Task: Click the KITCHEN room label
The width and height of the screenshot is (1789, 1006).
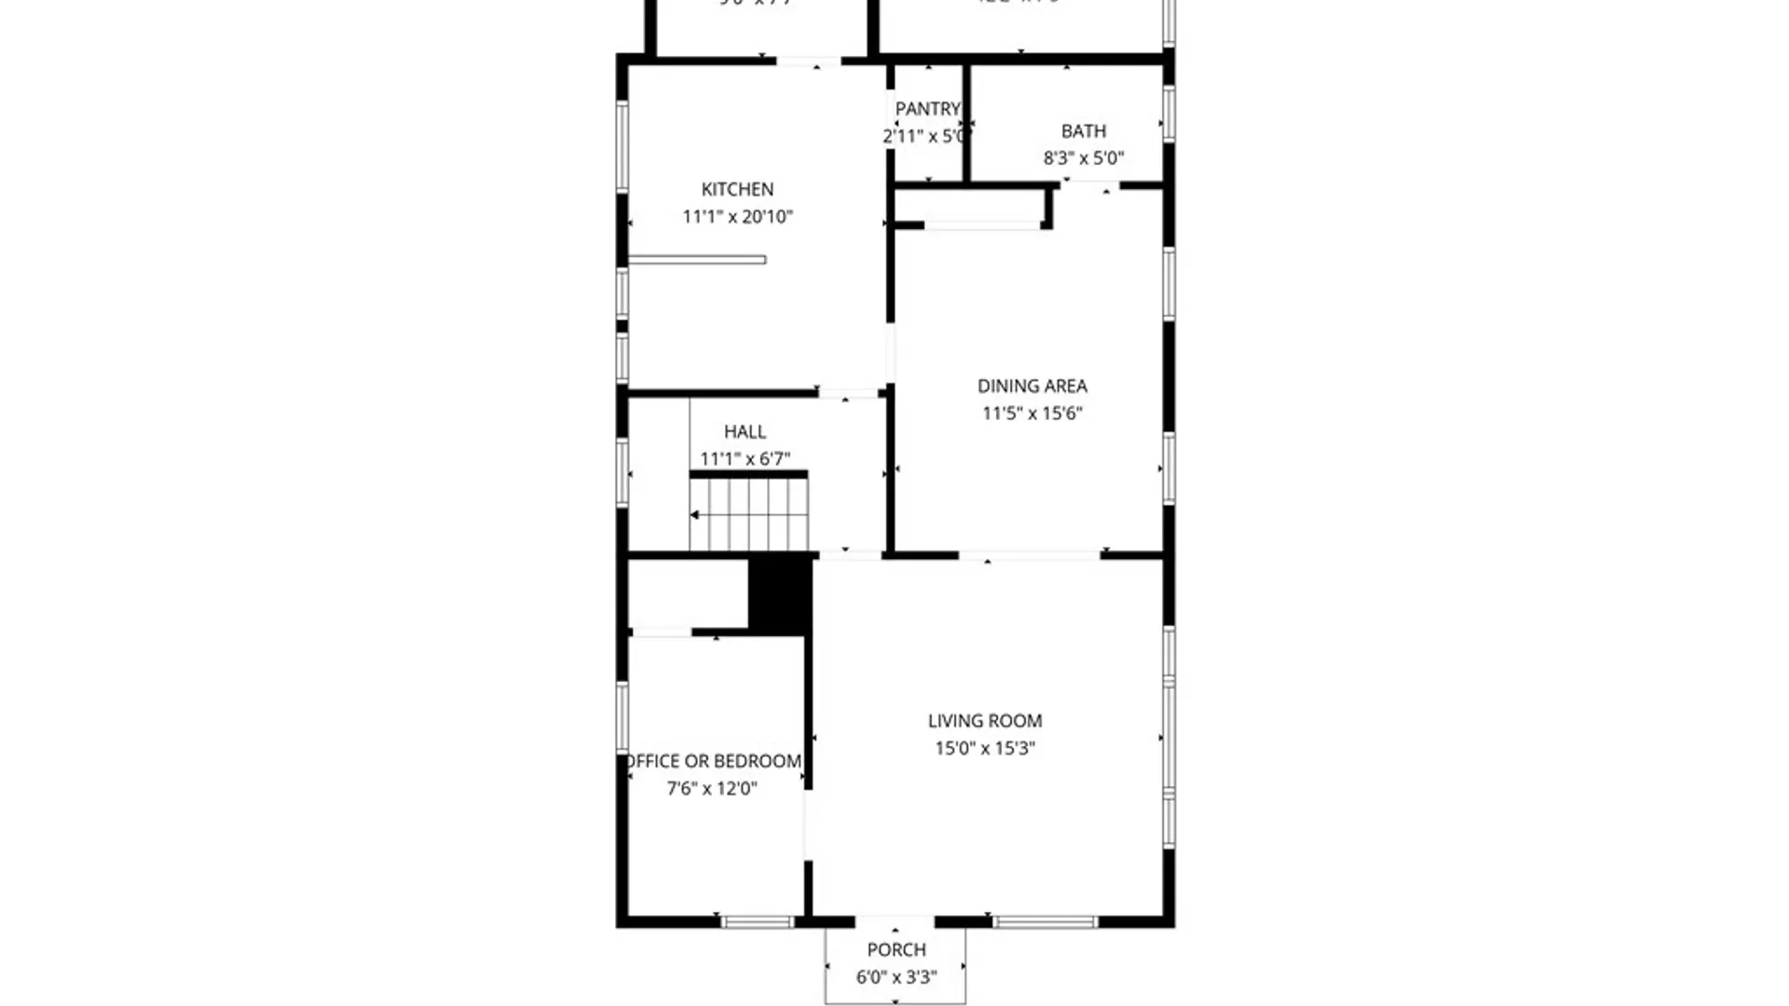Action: coord(737,189)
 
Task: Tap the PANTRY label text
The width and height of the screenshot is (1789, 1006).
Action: coord(927,109)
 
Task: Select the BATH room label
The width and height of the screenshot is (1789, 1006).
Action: coord(1084,131)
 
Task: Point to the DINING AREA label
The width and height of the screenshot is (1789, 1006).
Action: coord(1031,386)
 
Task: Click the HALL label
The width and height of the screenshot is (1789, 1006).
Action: coord(744,431)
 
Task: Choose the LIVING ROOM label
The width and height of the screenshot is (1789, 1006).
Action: coord(984,720)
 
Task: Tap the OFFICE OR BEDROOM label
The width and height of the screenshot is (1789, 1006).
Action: coord(714,761)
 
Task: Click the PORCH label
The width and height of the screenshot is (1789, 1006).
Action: coord(896,949)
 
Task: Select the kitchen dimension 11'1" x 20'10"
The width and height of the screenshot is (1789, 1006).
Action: coord(737,217)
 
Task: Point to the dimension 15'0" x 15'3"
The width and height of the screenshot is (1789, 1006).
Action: coord(984,748)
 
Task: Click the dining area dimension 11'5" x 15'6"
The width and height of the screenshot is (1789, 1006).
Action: coord(1031,414)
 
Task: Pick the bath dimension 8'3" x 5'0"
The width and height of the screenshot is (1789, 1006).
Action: coord(1083,158)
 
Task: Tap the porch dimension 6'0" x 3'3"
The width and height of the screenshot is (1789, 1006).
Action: coord(896,977)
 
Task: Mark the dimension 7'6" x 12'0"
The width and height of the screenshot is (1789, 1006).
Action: coord(712,789)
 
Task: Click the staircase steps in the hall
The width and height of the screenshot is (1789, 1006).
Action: coord(750,515)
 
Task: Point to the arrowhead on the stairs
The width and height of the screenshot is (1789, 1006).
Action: coord(694,515)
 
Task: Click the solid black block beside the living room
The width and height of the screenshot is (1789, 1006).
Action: coord(780,593)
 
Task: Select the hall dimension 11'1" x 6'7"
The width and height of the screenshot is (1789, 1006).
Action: coord(744,459)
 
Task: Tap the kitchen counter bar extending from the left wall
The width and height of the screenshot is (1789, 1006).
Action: coord(697,260)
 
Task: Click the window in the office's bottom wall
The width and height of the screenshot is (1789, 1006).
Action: coord(758,922)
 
